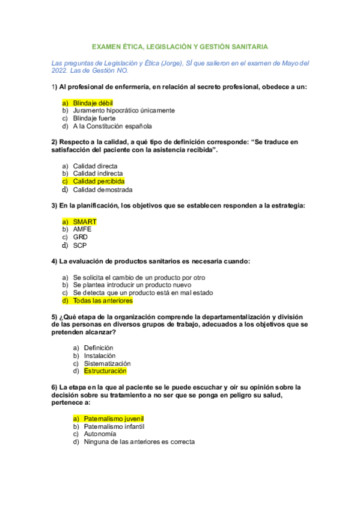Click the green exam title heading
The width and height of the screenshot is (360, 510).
coord(179,46)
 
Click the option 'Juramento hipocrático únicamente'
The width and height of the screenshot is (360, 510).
coord(124,111)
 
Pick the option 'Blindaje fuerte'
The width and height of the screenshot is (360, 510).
coord(94,118)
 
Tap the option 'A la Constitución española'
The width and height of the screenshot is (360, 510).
coord(112,126)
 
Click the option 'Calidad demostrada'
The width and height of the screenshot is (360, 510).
coord(103,189)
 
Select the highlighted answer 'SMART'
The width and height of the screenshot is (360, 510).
coord(84,221)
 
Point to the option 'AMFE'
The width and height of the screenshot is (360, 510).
coord(83,229)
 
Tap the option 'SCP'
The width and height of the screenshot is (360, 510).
coord(81,245)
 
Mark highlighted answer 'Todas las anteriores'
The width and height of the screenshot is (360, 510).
coord(103,300)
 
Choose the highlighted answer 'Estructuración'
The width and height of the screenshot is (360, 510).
coord(105,371)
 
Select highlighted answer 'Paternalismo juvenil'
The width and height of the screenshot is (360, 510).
coord(114,418)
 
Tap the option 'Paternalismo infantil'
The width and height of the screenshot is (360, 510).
coord(114,426)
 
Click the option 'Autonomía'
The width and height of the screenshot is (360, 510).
coord(100,434)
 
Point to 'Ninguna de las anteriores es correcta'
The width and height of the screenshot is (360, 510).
coord(139,441)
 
